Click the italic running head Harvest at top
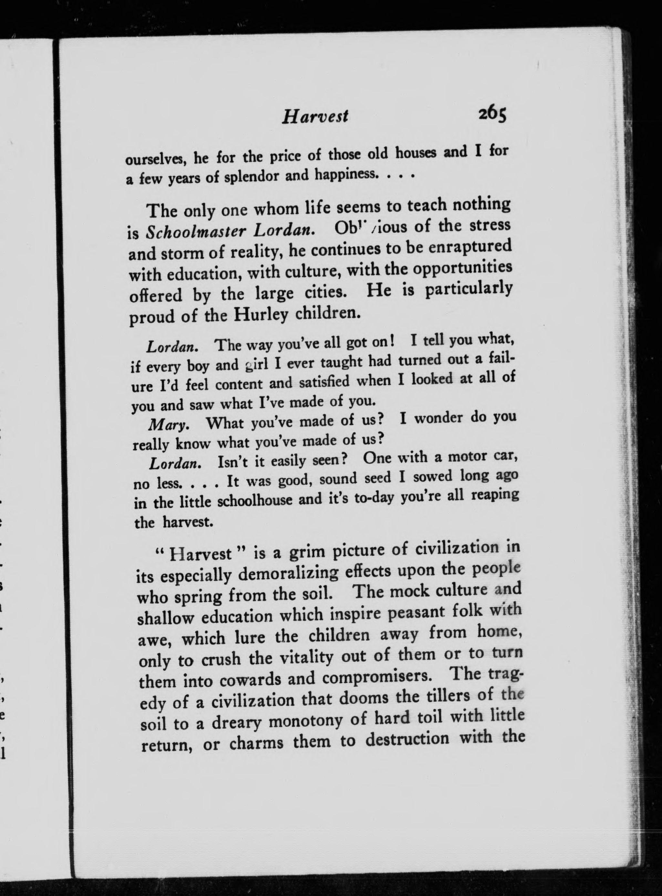(315, 117)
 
